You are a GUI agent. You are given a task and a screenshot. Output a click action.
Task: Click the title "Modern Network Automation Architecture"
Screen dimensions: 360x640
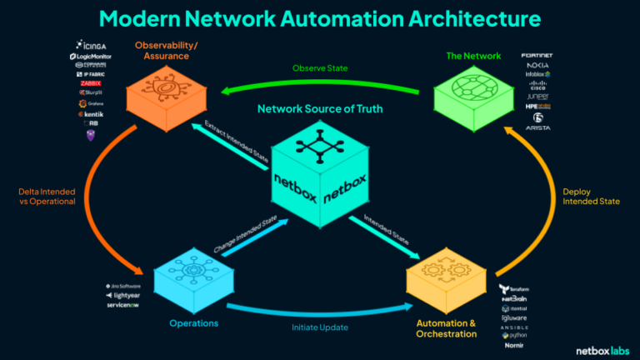click(x=320, y=18)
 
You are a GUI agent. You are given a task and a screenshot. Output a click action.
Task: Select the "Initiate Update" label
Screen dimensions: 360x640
click(x=320, y=327)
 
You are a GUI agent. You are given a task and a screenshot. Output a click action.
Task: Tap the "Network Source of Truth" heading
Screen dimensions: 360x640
click(x=320, y=109)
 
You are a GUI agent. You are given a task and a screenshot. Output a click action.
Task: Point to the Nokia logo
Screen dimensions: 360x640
click(x=537, y=64)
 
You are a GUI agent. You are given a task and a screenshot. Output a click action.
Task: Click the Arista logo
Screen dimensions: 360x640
click(x=537, y=127)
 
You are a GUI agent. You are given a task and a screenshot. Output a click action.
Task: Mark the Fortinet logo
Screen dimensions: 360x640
click(x=537, y=55)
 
